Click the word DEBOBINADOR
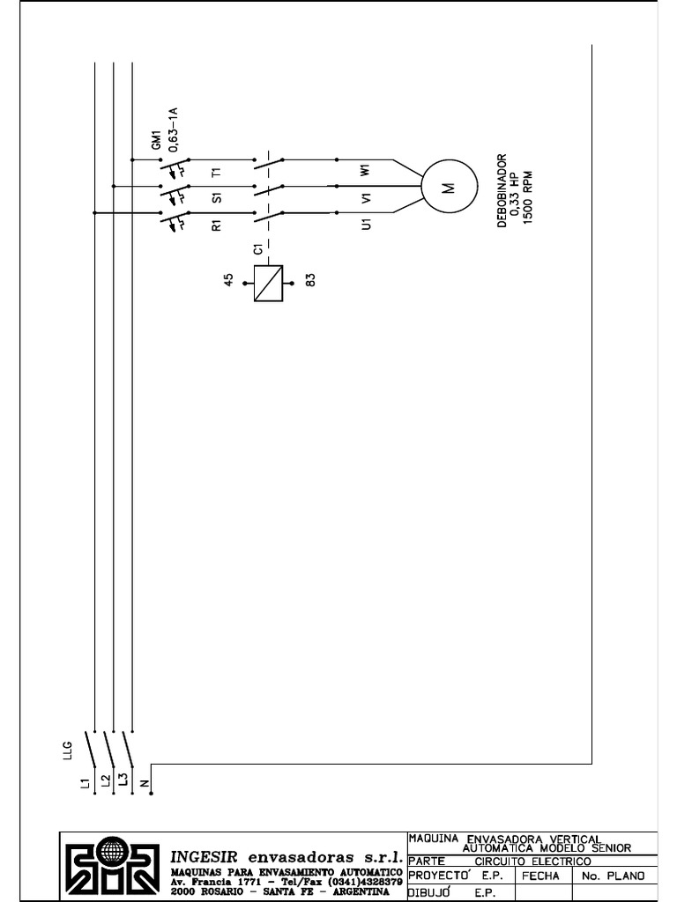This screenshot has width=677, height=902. (x=502, y=191)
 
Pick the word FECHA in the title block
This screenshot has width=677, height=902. (x=541, y=876)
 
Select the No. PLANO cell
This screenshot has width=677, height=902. (x=614, y=876)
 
